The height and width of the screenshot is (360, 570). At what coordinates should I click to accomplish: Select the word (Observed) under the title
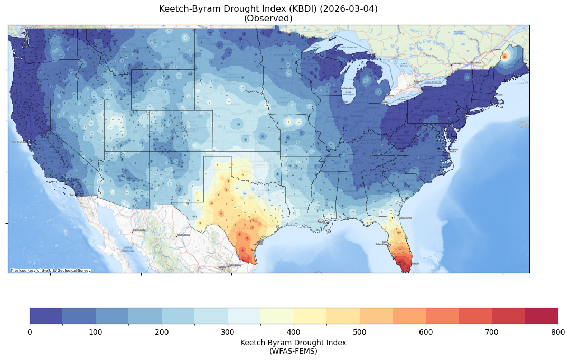[268, 18]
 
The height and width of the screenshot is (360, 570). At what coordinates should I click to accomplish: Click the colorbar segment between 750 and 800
[541, 316]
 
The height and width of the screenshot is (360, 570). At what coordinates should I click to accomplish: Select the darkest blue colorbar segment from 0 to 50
[46, 316]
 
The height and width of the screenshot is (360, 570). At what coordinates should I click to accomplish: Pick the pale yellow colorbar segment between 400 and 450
[310, 316]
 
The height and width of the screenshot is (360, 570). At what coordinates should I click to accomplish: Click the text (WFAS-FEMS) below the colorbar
[293, 350]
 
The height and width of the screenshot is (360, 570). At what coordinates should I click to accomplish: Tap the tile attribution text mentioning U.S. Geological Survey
[50, 271]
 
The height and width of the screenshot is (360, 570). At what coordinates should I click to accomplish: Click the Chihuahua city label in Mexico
[183, 234]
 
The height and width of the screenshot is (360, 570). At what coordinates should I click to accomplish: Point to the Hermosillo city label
[139, 230]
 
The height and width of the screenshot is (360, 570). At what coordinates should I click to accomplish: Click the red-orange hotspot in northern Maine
[504, 56]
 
